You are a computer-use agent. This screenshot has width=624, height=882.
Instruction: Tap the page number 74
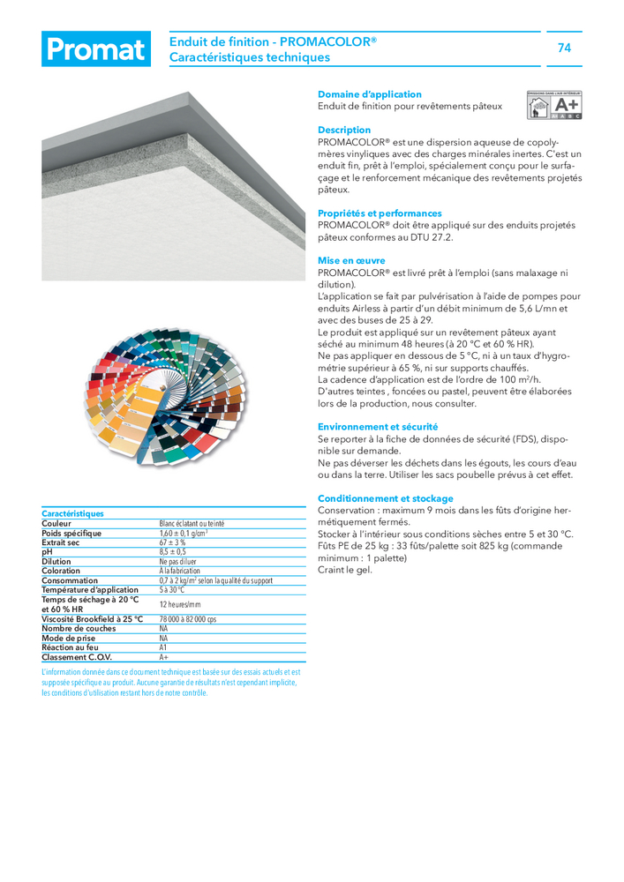coord(565,49)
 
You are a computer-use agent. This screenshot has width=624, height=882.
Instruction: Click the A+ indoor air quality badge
coord(555,103)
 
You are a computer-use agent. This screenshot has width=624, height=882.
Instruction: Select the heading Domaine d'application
coord(369,94)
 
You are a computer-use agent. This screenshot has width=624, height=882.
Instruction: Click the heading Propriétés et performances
coord(380,213)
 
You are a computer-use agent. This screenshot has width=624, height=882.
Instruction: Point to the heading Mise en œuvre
coord(351,261)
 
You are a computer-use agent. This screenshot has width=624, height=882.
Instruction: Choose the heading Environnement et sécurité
coord(377,427)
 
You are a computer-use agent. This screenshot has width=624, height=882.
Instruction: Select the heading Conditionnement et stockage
coord(385,498)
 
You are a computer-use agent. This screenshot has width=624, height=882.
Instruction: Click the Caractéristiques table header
coord(72,513)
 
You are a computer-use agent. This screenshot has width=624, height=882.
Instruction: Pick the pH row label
coord(48,552)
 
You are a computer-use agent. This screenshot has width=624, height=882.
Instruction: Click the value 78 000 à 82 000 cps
coord(187,619)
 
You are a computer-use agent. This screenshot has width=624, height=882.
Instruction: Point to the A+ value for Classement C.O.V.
coord(163,657)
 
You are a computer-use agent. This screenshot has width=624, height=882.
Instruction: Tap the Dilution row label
coord(56,562)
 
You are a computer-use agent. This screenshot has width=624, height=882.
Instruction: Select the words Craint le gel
coord(345,570)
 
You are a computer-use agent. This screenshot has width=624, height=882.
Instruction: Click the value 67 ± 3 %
coord(172,542)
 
